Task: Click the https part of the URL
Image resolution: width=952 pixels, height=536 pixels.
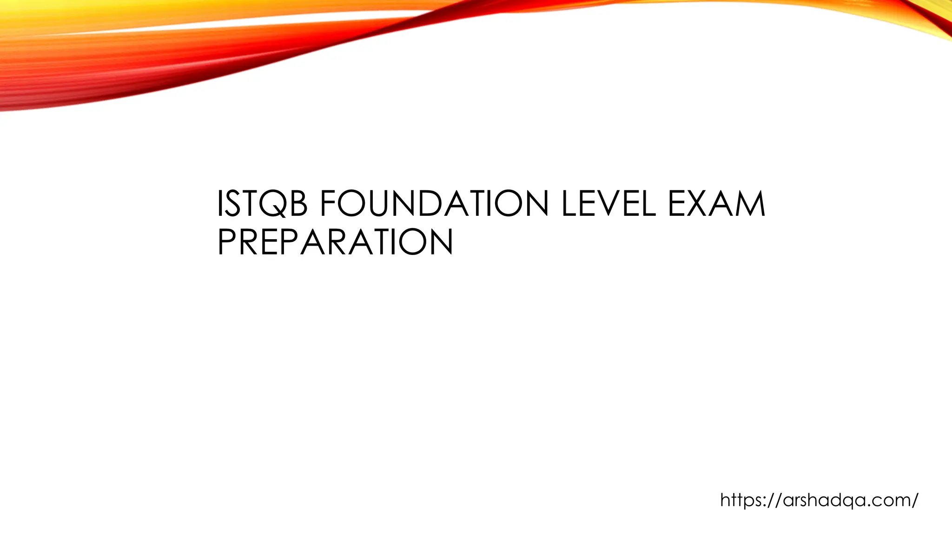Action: coord(739,500)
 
